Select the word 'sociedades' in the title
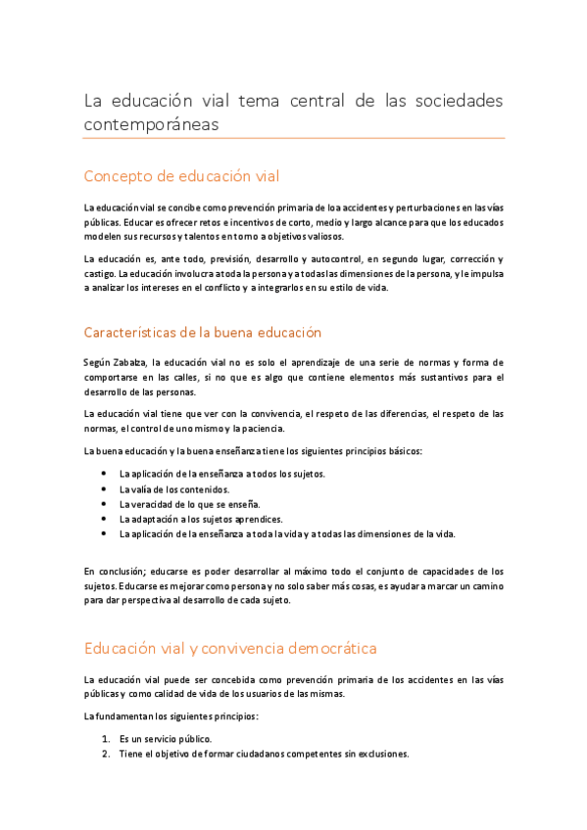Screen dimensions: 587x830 (x=453, y=101)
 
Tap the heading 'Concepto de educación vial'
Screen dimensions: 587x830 (x=181, y=176)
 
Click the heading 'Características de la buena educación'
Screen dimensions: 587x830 (x=203, y=333)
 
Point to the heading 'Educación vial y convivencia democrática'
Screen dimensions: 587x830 (x=230, y=648)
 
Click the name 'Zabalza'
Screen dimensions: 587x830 (x=132, y=363)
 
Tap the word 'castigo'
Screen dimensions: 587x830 (x=100, y=273)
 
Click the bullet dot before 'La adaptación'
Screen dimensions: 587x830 (x=104, y=519)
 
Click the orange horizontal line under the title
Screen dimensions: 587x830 (x=294, y=138)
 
